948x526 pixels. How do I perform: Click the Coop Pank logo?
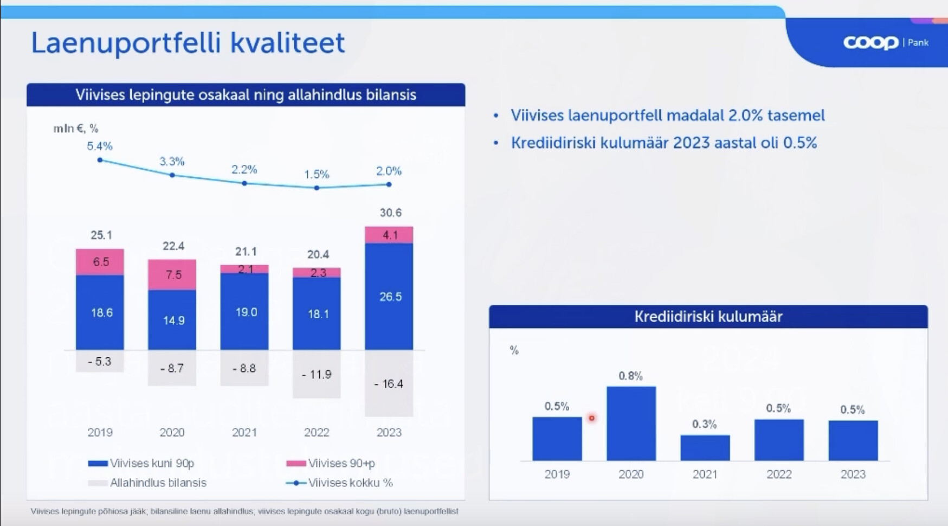coord(885,42)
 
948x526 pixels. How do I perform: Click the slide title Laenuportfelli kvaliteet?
coord(188,43)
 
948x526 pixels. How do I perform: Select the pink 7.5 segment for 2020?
coord(172,274)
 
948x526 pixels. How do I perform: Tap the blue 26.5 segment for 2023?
coord(389,296)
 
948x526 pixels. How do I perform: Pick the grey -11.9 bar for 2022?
coord(317,374)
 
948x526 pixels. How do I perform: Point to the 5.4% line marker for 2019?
coord(100,160)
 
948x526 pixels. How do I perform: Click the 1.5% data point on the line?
coord(317,188)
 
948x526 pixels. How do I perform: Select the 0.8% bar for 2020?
coord(631,424)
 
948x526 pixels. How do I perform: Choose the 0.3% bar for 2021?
coord(705,447)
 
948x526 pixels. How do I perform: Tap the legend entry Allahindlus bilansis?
coord(157,483)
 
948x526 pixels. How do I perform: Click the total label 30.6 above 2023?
coord(390,213)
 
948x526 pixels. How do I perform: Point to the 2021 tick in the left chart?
coord(244,432)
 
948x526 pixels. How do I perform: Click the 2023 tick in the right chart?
coord(853,474)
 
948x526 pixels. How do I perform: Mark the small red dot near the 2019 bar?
coord(591,418)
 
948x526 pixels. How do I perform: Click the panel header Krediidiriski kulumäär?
coord(708,317)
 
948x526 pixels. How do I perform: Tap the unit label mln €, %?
coord(75,129)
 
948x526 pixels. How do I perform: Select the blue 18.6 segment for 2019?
coord(100,312)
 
